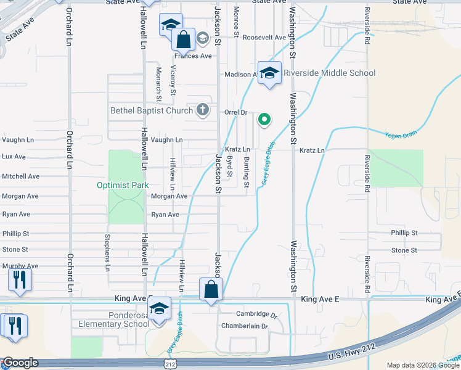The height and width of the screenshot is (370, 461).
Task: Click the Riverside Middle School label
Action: pos(329,73)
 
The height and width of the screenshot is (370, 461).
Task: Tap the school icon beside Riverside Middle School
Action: pos(269,73)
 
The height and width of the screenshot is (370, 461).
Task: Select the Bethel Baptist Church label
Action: pos(151,111)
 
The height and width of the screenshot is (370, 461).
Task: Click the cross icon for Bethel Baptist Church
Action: pos(202,110)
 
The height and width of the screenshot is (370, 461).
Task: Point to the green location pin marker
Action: pos(264,120)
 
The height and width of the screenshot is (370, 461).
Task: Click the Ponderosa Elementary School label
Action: pos(110,319)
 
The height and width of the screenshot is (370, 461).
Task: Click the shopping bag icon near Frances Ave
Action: pos(184,41)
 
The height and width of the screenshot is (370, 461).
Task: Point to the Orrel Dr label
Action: pos(235,113)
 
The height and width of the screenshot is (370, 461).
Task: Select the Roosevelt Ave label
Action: pos(264,37)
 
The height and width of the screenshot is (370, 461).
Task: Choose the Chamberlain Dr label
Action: pos(245,326)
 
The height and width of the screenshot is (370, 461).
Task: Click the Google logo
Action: pos(20,363)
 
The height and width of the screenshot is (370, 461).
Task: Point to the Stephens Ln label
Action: pos(107,252)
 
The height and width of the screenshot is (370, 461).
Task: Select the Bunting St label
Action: pos(246,172)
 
